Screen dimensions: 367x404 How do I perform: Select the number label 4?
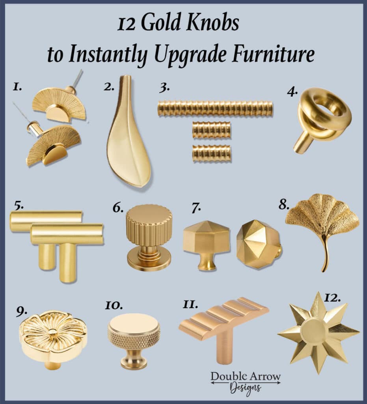[x=292, y=92]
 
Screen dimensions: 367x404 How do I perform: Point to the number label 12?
[x=332, y=298]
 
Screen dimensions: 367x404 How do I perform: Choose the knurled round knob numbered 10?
[x=134, y=340]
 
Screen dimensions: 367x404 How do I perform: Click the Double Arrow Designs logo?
[x=246, y=383]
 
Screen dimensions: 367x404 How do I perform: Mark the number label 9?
[x=22, y=312]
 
